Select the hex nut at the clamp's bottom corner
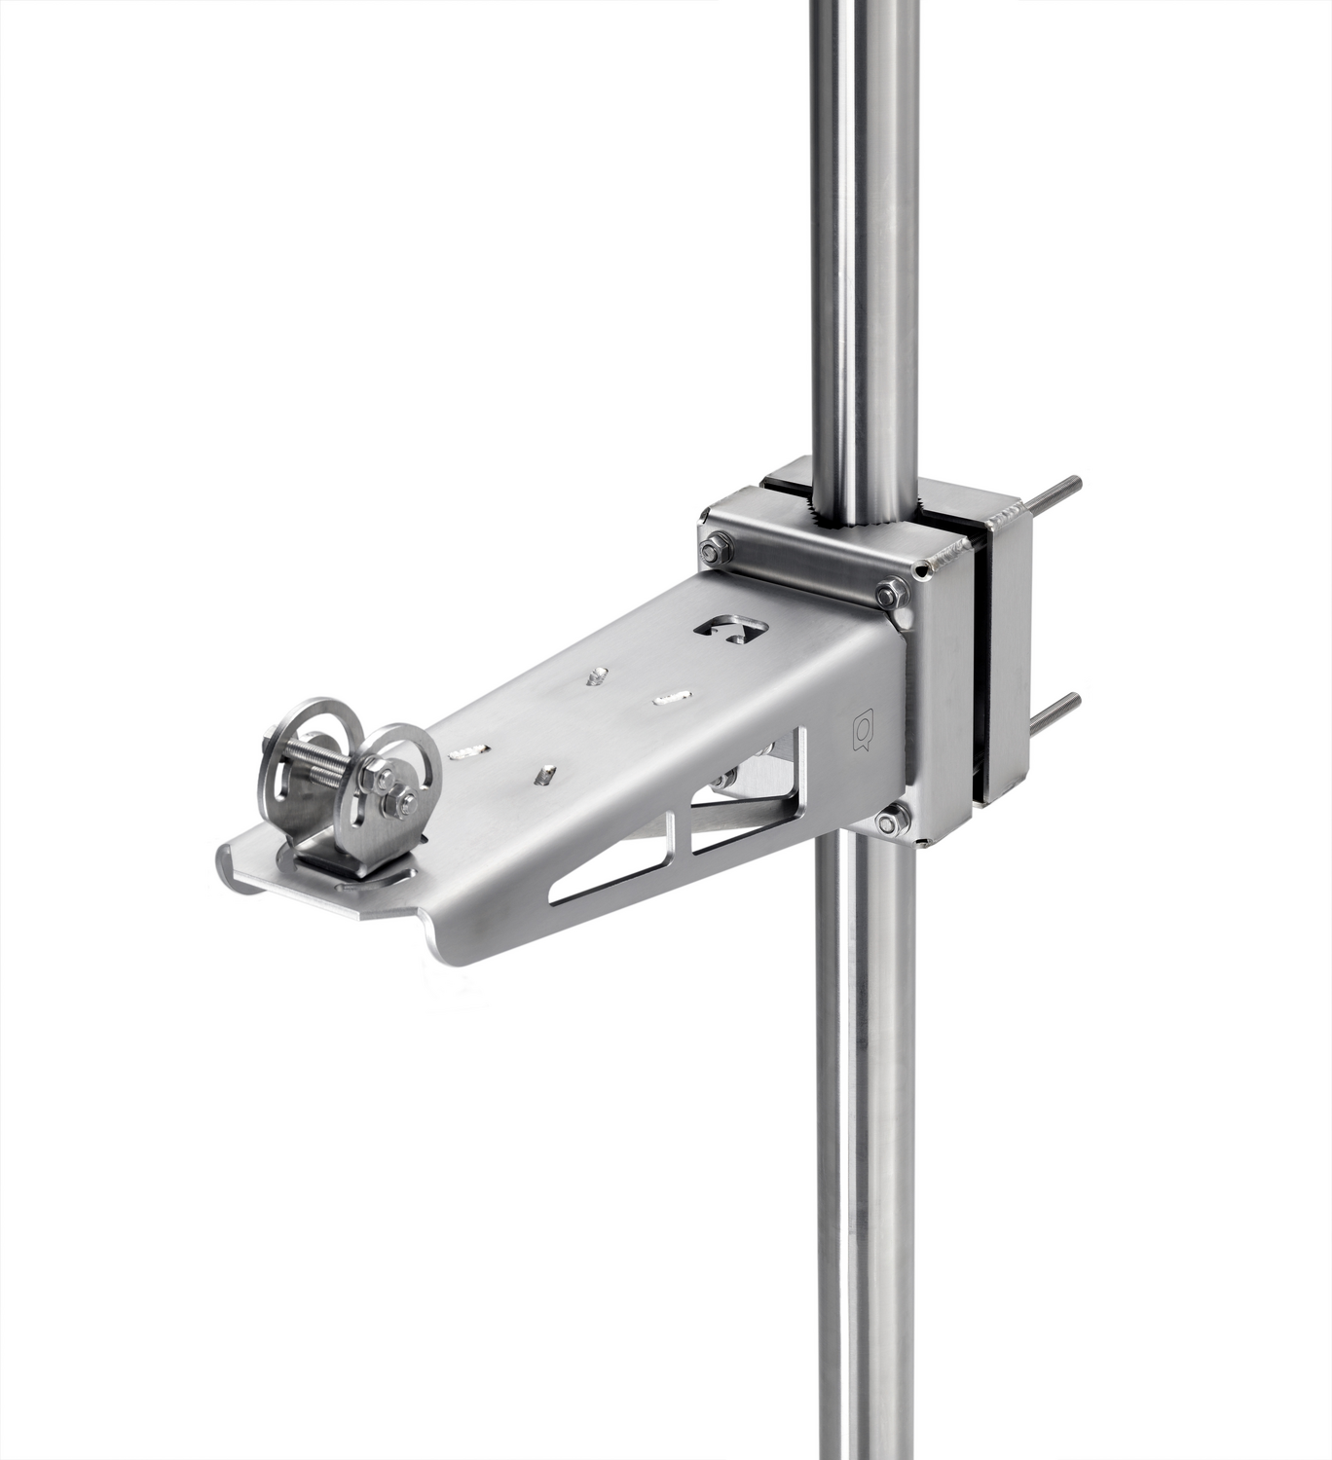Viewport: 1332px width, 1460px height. tap(888, 822)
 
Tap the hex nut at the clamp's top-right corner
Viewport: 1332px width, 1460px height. tap(890, 593)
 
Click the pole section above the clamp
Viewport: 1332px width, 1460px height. tap(863, 243)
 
